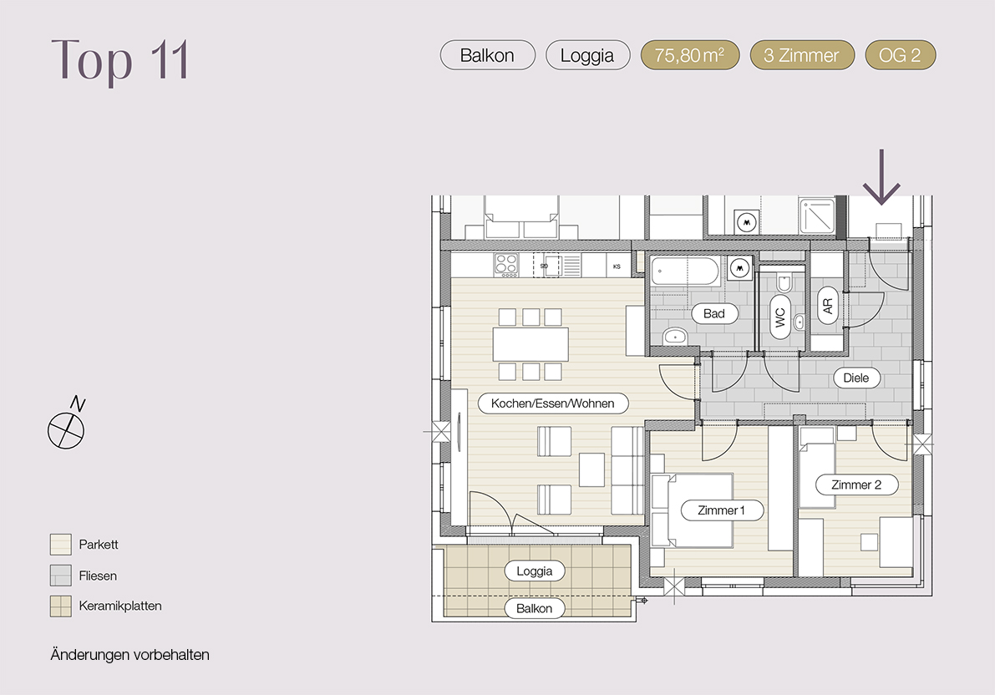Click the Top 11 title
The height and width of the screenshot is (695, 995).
(120, 59)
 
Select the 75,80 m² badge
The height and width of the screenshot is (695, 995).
(690, 55)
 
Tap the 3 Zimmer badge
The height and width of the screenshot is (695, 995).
(801, 55)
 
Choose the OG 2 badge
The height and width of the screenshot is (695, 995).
(900, 55)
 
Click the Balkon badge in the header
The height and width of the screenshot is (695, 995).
(487, 55)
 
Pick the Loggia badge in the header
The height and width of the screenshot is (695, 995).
(587, 55)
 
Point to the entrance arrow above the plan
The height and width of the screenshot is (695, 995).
(881, 177)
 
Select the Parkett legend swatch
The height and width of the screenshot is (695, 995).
(61, 545)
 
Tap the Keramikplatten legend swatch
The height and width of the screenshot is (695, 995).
(61, 606)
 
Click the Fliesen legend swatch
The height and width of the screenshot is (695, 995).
(61, 576)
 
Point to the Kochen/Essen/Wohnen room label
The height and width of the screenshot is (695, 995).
(553, 403)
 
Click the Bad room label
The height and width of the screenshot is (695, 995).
(714, 313)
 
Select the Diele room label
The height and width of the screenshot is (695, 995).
(856, 378)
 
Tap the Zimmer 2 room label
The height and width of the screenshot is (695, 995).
(856, 485)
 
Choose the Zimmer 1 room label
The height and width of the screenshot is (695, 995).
(722, 510)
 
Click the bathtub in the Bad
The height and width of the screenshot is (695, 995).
(686, 271)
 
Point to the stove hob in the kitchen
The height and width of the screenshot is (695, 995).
(506, 266)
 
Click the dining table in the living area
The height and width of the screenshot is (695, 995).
(530, 345)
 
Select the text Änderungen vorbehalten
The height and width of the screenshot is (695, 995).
(130, 655)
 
